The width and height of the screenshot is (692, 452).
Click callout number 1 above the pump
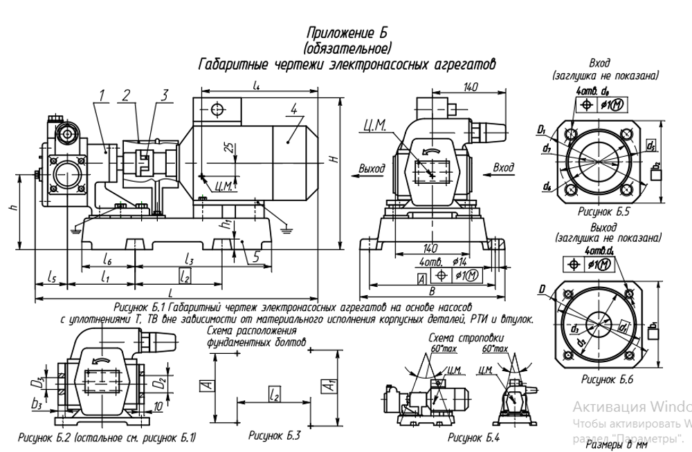pyautogui.click(x=102, y=95)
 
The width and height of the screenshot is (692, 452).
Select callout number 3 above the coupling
pyautogui.click(x=165, y=95)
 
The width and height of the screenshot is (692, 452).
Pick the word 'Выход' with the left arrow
pyautogui.click(x=372, y=168)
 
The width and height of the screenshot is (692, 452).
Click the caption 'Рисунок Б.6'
pyautogui.click(x=607, y=379)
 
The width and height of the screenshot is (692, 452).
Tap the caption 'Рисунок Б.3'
pyautogui.click(x=275, y=436)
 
